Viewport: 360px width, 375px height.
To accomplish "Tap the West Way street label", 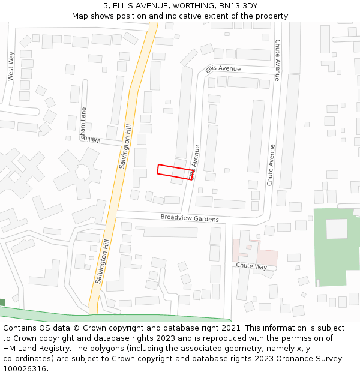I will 11,66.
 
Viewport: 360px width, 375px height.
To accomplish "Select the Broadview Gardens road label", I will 190,218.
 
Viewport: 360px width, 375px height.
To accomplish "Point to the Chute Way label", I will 251,266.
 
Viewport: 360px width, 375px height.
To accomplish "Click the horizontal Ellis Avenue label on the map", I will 223,69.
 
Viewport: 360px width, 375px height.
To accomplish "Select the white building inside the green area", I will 337,229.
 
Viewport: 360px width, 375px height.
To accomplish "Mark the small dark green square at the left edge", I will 2,302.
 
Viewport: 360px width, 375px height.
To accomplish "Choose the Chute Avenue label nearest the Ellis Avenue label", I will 277,60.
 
